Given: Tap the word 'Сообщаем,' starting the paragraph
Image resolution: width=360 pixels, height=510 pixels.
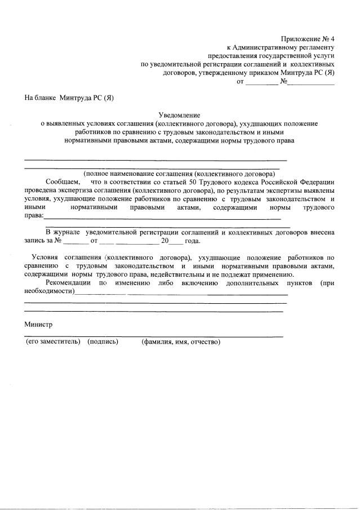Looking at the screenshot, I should pos(63,182).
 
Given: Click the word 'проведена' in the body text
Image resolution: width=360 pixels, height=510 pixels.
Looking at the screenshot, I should pos(40,190).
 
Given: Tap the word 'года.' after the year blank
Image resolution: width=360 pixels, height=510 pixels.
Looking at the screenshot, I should pos(193,241).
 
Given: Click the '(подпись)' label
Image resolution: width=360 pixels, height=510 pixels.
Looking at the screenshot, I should pos(103,342).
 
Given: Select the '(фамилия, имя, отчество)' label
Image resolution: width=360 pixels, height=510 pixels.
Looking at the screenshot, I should pos(181,342).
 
